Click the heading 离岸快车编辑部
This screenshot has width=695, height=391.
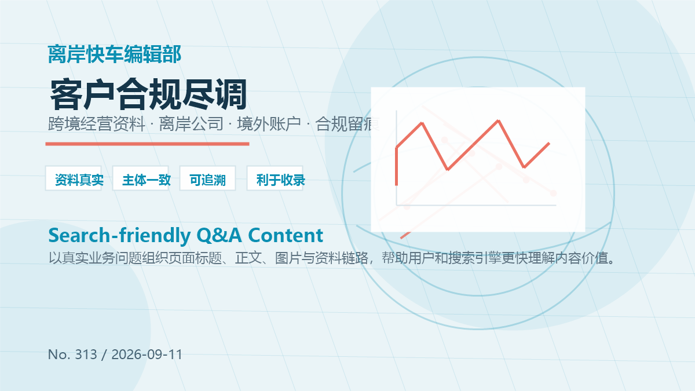coord(115,54)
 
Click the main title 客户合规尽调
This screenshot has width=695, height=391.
coord(148,94)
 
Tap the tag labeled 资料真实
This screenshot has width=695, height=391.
coord(74,178)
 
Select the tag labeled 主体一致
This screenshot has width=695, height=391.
coord(141,178)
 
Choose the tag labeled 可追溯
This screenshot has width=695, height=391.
coord(207,178)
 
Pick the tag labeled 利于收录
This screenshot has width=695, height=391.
coord(275,178)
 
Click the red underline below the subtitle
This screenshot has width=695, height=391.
coord(147,144)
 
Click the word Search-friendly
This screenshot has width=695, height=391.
coord(119,236)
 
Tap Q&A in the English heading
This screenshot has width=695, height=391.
coord(219,236)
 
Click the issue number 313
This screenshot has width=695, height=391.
coord(86,355)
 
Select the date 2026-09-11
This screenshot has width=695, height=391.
coord(147,355)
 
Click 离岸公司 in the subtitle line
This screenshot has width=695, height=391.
coord(191,124)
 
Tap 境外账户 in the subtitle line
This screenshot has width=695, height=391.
coord(269,124)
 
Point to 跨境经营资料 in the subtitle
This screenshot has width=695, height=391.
coord(97,124)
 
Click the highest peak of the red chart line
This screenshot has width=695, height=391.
coord(498,120)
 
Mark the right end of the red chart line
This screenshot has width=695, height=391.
coord(549,143)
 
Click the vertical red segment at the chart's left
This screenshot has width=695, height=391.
coord(397,166)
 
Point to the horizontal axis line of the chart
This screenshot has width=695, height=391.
coord(476,205)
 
